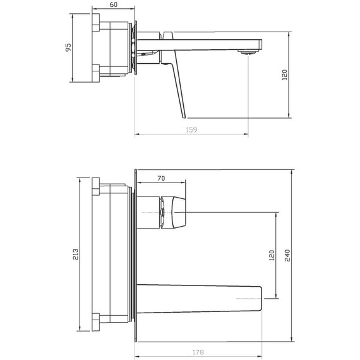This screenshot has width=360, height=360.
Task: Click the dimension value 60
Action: click(x=114, y=4)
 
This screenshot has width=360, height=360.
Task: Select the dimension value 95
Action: click(x=68, y=47)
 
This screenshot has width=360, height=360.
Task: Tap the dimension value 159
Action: click(x=191, y=130)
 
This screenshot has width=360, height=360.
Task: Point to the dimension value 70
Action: click(x=161, y=178)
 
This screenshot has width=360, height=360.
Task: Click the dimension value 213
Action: click(x=76, y=254)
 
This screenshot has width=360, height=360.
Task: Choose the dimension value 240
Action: click(x=287, y=255)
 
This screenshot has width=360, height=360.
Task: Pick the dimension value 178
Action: click(x=198, y=352)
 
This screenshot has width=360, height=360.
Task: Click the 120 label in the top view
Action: click(x=284, y=75)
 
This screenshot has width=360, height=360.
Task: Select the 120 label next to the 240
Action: click(x=272, y=255)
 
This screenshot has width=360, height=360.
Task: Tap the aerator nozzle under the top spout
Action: click(x=247, y=52)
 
